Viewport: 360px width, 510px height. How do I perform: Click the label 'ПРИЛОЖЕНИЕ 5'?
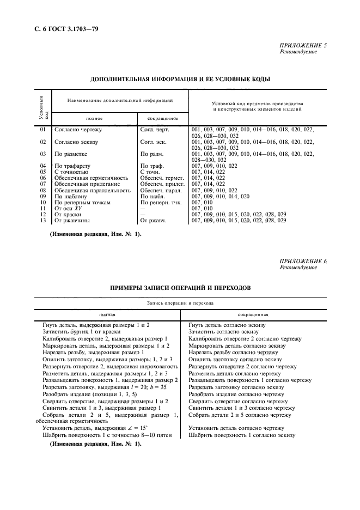[x=303, y=45]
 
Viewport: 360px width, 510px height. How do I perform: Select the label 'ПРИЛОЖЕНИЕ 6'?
[x=303, y=262]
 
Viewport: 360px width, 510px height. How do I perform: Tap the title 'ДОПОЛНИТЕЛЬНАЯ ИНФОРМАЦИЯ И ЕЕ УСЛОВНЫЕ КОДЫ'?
[x=180, y=79]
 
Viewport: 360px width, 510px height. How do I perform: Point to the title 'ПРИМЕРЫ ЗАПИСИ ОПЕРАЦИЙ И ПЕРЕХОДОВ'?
[x=180, y=288]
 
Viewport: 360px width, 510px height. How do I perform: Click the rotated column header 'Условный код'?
[x=43, y=107]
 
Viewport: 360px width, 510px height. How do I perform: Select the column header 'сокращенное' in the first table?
[x=163, y=118]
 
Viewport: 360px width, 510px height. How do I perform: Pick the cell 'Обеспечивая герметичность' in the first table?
[x=91, y=178]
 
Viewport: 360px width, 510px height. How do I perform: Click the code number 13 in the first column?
[x=43, y=220]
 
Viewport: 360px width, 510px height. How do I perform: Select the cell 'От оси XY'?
[x=68, y=208]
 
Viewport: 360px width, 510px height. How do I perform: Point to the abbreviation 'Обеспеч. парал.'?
[x=161, y=190]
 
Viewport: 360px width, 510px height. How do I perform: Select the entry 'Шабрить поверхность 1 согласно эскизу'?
[x=242, y=435]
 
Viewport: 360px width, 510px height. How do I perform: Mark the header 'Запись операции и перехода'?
[x=180, y=302]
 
